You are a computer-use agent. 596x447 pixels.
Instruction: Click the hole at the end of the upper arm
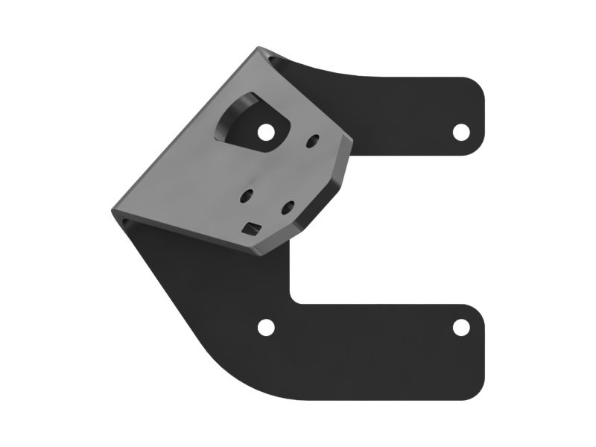point(461,132)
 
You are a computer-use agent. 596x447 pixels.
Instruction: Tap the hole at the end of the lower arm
point(461,327)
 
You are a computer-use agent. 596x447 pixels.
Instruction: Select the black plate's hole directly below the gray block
point(265,327)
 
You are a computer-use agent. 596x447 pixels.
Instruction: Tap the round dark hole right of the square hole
point(288,208)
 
